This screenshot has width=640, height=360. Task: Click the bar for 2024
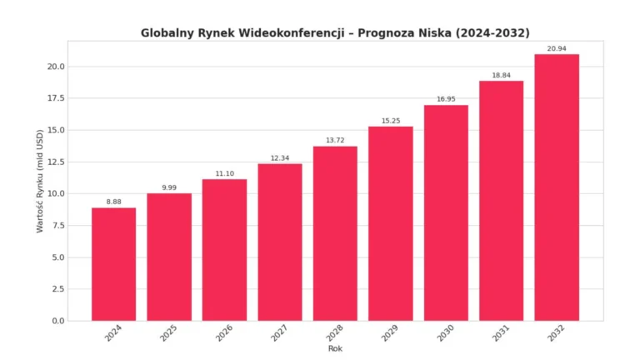click(113, 264)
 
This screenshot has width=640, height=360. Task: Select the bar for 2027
click(279, 242)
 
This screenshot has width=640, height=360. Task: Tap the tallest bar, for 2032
click(556, 187)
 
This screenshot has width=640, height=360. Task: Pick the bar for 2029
click(390, 223)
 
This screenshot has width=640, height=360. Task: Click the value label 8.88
click(113, 201)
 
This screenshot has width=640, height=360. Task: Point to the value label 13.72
click(335, 140)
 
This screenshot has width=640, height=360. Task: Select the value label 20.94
click(556, 48)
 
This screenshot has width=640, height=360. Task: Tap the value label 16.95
click(446, 99)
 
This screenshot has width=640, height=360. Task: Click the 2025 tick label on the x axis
click(169, 333)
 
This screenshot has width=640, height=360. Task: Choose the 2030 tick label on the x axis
click(446, 333)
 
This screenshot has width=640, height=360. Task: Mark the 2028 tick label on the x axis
click(335, 333)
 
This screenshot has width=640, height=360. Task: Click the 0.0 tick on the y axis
click(56, 321)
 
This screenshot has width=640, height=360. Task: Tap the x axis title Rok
click(334, 348)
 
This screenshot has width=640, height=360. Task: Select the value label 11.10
click(224, 172)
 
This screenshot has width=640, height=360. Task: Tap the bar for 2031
click(501, 201)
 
